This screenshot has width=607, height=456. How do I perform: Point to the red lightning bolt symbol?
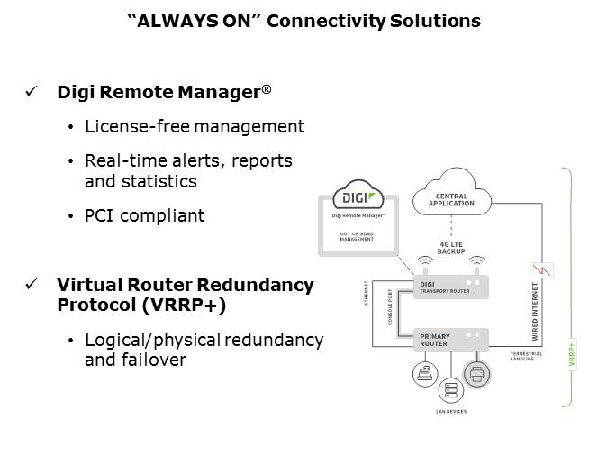[544, 270]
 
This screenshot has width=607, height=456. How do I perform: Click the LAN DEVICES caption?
[449, 411]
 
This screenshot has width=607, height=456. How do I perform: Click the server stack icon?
[449, 388]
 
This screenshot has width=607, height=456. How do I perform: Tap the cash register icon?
[425, 373]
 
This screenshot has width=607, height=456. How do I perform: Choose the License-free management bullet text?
[194, 127]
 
